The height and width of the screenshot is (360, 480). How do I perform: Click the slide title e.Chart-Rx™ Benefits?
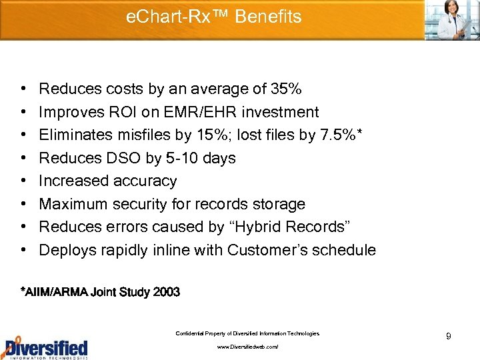point(213,17)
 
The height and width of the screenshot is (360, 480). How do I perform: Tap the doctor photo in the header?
point(451,19)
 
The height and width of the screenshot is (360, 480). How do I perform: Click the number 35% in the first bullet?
point(287,89)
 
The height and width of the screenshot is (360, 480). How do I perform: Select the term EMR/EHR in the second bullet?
point(185,112)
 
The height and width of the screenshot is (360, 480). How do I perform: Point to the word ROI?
point(115,112)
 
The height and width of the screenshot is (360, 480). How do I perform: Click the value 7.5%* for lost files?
point(343,135)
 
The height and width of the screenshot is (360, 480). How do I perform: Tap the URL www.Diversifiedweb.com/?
point(247,347)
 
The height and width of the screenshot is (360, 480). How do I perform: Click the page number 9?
point(449,337)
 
